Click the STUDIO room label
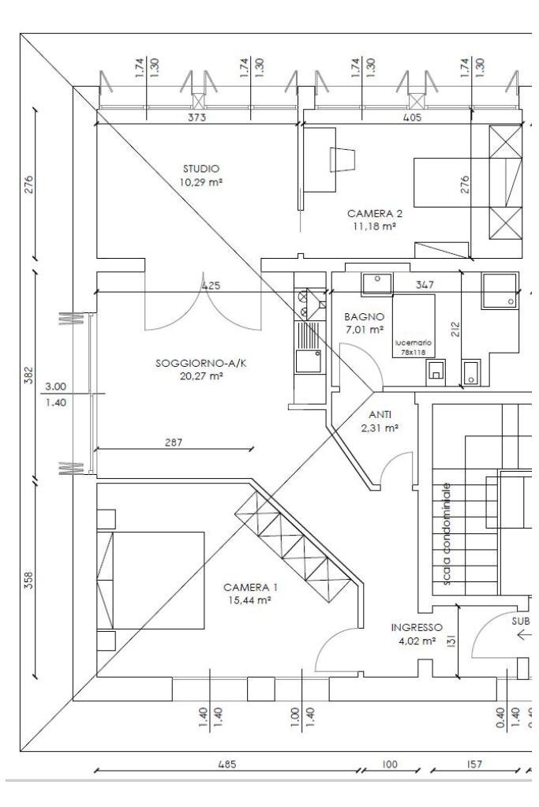[x=200, y=168]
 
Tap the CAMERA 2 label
[x=375, y=214]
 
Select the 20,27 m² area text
[x=200, y=376]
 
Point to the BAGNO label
[x=365, y=317]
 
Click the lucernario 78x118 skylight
[x=414, y=327]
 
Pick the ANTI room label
[x=380, y=415]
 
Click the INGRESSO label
[x=417, y=628]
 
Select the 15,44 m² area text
[x=249, y=600]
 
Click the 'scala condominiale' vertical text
[x=447, y=534]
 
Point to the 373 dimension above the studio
[x=197, y=118]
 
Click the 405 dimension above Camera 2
[x=412, y=118]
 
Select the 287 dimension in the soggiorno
[x=174, y=442]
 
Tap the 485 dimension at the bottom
[x=226, y=764]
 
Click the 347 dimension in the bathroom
[x=425, y=285]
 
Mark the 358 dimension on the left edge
[x=29, y=580]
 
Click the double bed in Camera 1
[x=150, y=581]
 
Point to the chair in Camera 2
[x=342, y=159]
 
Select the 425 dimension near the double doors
[x=211, y=285]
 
